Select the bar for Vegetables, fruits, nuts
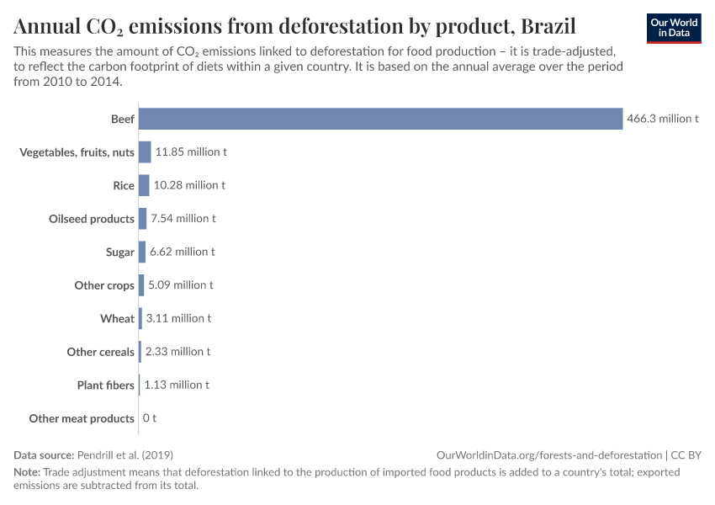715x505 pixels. click(x=145, y=152)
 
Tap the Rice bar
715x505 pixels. click(x=144, y=185)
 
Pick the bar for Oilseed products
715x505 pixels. click(x=142, y=219)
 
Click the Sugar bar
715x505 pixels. click(x=142, y=252)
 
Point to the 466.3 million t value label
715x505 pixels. click(x=663, y=119)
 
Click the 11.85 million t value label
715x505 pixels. click(x=191, y=152)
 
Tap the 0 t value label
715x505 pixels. click(x=150, y=418)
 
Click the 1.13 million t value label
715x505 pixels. click(x=177, y=385)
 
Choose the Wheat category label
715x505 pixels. click(x=117, y=318)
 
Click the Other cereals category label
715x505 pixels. click(x=100, y=352)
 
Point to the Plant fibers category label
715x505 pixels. click(x=105, y=385)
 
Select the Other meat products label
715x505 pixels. click(x=82, y=418)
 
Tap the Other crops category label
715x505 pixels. click(x=104, y=285)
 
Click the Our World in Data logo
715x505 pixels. click(x=674, y=28)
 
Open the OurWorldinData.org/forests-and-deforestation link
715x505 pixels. click(x=549, y=454)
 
